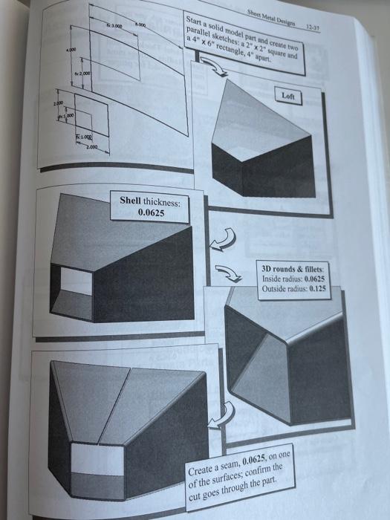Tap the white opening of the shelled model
coord(74,282)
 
